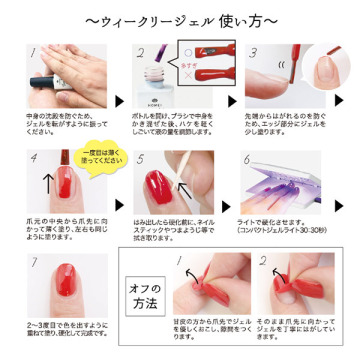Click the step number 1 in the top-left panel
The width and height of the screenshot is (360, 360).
[x=35, y=50]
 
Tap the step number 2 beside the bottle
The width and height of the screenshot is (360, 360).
[x=142, y=51]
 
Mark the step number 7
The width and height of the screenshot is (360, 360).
[x=35, y=263]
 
